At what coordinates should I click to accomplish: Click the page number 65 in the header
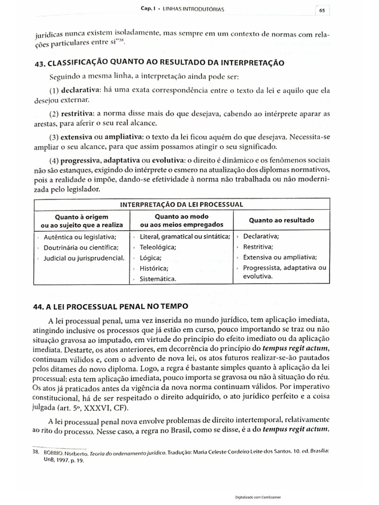[321, 9]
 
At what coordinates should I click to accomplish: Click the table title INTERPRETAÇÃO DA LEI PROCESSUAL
[182, 204]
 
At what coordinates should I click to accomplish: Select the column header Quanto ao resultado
[281, 220]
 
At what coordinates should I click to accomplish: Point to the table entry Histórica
[153, 268]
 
